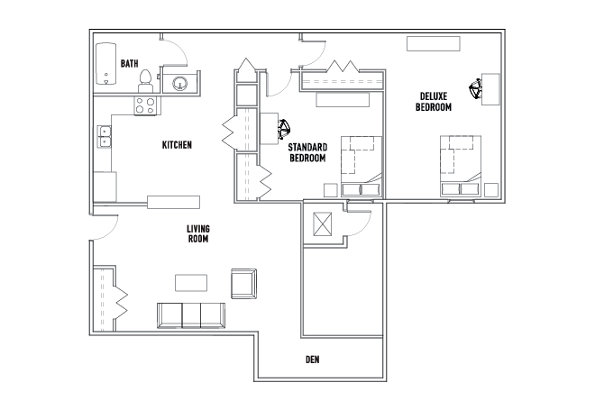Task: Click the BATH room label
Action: [x=130, y=63]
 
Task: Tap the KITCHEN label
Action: [x=177, y=145]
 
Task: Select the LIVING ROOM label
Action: [x=198, y=233]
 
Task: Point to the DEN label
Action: [x=312, y=360]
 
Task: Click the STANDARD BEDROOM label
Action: [x=307, y=152]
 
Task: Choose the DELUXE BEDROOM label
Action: [x=434, y=102]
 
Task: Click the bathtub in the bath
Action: [x=105, y=64]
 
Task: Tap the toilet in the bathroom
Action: [x=145, y=81]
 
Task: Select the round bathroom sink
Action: [x=179, y=84]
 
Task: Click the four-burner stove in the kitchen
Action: [x=145, y=105]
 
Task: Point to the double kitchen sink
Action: [x=105, y=137]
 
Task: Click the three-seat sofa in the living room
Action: [x=191, y=315]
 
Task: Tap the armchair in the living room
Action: [x=244, y=284]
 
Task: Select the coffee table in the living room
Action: [x=191, y=283]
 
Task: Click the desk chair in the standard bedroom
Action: [x=284, y=129]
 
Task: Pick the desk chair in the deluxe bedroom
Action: [x=475, y=89]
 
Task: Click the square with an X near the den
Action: [x=322, y=223]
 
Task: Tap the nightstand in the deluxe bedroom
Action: [x=491, y=190]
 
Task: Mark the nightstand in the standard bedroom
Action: [x=331, y=190]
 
